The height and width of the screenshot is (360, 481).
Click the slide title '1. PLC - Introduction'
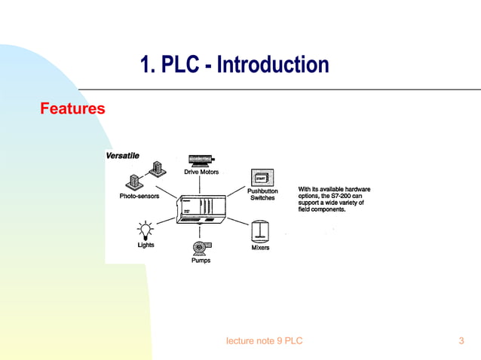pyautogui.click(x=234, y=66)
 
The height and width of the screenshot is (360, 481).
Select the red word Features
pyautogui.click(x=72, y=109)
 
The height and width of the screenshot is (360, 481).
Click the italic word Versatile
pyautogui.click(x=121, y=155)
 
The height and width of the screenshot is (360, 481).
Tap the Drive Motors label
pyautogui.click(x=201, y=172)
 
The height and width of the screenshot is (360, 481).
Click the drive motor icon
pyautogui.click(x=201, y=160)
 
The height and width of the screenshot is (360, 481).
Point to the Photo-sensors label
pyautogui.click(x=139, y=197)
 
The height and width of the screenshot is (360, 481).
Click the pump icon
pyautogui.click(x=200, y=246)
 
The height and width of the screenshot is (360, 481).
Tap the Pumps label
pyautogui.click(x=200, y=261)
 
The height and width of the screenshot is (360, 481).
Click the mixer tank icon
pyautogui.click(x=260, y=230)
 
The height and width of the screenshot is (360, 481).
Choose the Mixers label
pyautogui.click(x=260, y=248)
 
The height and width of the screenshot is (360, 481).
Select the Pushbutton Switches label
pyautogui.click(x=262, y=194)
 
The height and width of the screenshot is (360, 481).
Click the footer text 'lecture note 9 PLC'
pyautogui.click(x=264, y=341)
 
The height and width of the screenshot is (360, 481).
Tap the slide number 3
pyautogui.click(x=461, y=341)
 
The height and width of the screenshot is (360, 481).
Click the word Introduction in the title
pyautogui.click(x=273, y=66)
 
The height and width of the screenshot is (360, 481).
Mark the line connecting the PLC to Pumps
pyautogui.click(x=200, y=233)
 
